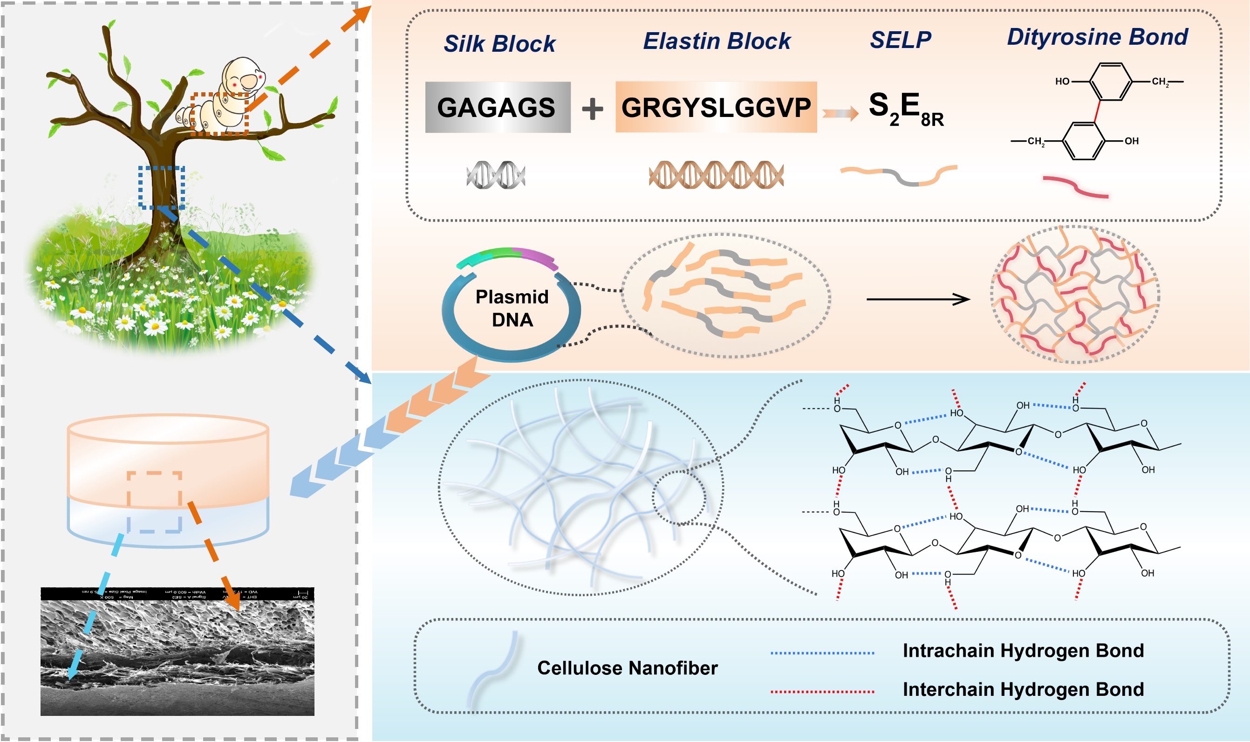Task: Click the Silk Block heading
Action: tap(499, 43)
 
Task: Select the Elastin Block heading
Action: tap(716, 41)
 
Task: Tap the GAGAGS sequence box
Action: tap(497, 107)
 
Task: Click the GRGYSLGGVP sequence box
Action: tap(716, 107)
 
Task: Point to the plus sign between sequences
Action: tap(592, 109)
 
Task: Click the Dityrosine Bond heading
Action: tap(1097, 37)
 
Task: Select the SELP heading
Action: tap(901, 40)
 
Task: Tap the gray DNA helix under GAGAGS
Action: tap(496, 175)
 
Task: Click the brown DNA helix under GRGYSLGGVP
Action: tap(716, 175)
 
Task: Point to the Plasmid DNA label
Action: tap(512, 308)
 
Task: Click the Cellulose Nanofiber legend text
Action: tap(627, 668)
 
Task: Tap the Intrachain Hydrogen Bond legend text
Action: tap(1023, 651)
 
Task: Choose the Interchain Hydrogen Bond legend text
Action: tap(1023, 689)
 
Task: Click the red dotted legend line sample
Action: tap(822, 692)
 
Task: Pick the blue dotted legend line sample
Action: tap(822, 653)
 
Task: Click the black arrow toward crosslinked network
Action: tap(918, 300)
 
